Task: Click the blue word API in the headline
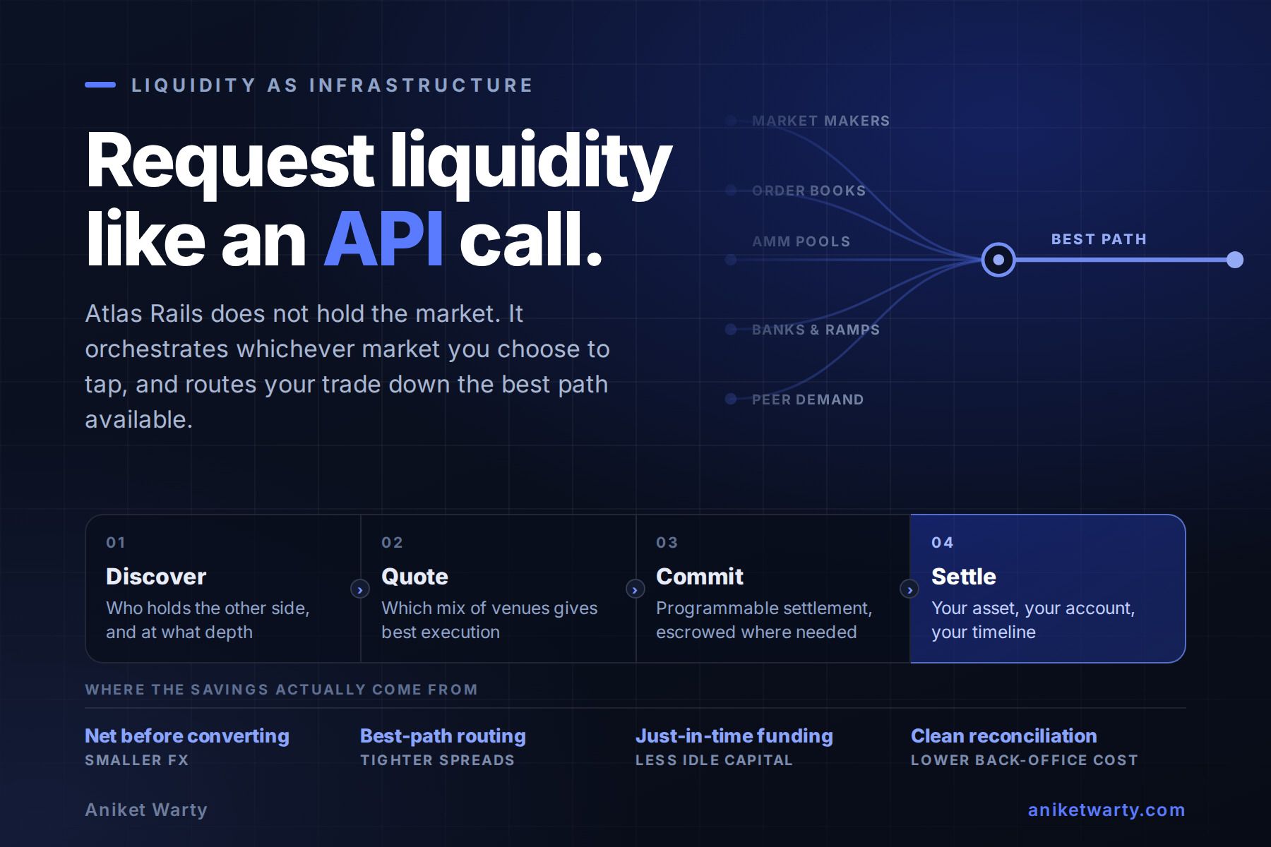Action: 384,239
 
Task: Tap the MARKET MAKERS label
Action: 821,121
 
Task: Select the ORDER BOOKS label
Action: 808,191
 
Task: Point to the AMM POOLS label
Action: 801,241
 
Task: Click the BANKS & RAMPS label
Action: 816,330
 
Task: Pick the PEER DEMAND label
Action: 808,400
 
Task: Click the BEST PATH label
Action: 1099,239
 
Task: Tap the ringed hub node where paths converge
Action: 998,260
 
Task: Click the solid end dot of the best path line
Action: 1235,260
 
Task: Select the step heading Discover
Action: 156,577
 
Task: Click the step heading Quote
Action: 414,577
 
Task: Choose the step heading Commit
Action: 700,577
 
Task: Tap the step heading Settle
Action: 964,577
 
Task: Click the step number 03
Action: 667,543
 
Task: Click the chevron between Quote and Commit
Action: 635,589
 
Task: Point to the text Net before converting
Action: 187,736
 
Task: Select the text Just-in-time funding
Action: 734,736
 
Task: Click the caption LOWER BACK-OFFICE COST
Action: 1025,760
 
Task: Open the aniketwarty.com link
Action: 1106,810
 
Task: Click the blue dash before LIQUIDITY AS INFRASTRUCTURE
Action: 100,85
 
